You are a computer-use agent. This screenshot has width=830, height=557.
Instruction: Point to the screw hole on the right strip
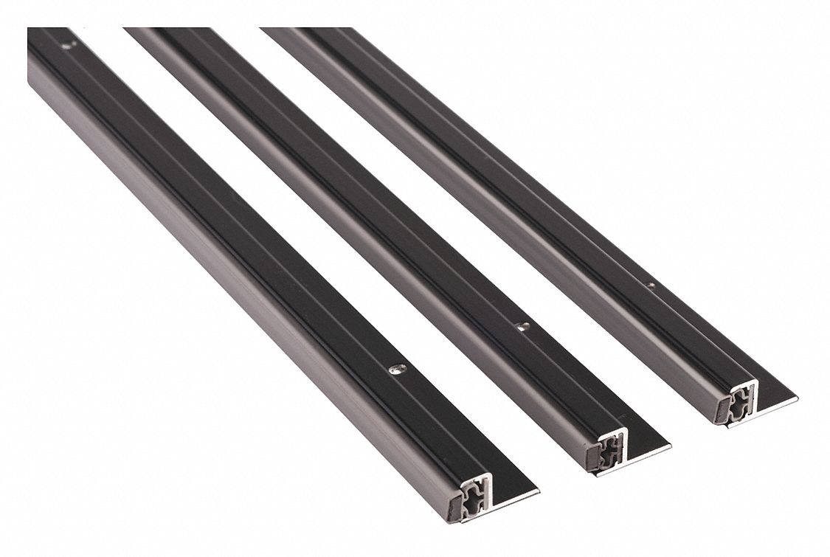[651, 284]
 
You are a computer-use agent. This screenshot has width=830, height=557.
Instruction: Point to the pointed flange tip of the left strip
[538, 491]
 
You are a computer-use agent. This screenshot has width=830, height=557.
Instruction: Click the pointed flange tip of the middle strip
[670, 446]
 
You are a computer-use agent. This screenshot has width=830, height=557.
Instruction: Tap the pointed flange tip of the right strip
[797, 400]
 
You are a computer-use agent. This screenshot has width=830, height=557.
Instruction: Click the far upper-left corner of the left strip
[29, 30]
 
